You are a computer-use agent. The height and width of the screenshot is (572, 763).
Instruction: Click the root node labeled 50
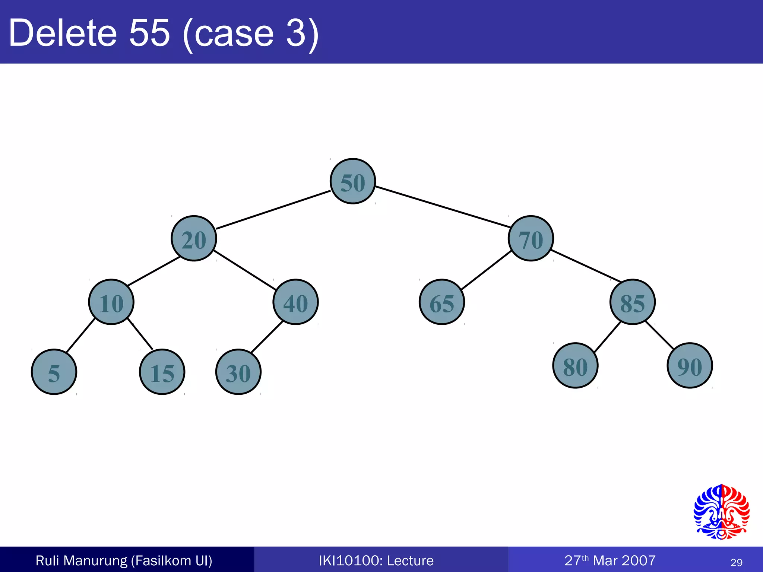(352, 181)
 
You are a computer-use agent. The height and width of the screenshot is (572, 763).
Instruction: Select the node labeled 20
(194, 238)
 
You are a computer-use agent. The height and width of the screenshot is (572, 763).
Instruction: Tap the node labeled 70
(531, 238)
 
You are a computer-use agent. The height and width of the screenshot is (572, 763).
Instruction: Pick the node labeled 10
(111, 302)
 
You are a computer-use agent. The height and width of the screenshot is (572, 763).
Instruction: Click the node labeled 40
(295, 302)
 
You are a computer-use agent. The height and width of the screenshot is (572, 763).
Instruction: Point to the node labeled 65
(442, 302)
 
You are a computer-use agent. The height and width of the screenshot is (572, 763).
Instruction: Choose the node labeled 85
(632, 302)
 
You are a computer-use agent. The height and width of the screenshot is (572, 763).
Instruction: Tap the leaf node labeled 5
(54, 372)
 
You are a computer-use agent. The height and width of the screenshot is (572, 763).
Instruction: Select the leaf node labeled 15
(162, 372)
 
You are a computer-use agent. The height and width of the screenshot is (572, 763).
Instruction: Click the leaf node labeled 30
(238, 372)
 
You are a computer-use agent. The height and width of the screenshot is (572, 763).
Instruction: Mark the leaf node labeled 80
(575, 366)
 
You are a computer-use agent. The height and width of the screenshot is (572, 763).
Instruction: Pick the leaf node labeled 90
(690, 366)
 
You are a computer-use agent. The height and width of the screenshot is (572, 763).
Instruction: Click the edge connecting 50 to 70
(442, 207)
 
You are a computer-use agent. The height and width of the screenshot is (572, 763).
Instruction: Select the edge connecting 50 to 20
(273, 210)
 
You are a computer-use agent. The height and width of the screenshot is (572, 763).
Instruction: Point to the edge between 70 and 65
(486, 270)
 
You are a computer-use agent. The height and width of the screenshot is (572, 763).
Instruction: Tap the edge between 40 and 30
(267, 337)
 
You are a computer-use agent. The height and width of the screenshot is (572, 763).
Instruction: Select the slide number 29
(736, 562)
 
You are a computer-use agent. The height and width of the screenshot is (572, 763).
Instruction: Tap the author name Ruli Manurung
(81, 560)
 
